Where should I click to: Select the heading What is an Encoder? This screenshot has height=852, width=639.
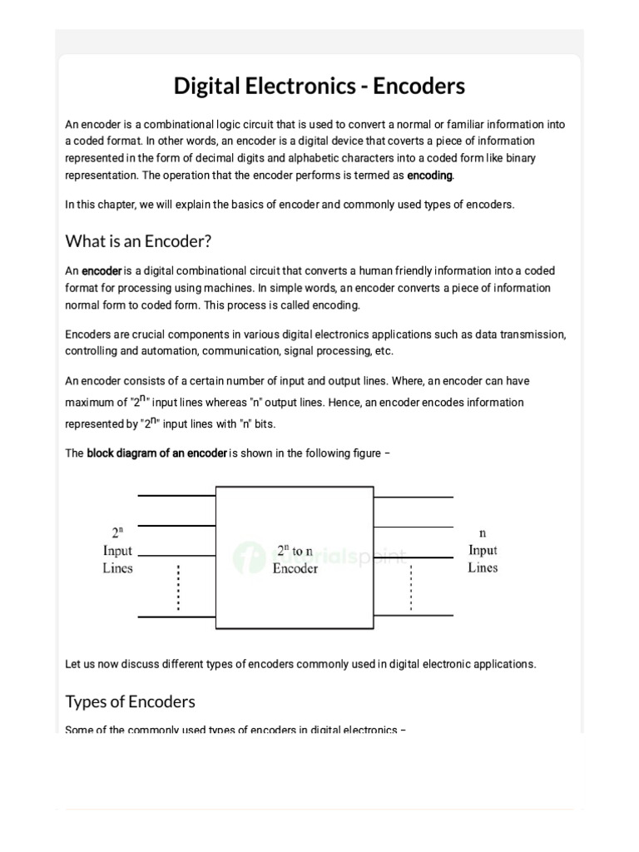(x=139, y=241)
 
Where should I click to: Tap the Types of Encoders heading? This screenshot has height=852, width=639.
(x=131, y=701)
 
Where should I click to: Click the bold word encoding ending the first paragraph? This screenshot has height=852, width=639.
(x=429, y=176)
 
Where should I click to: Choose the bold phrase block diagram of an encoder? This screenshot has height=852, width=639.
(x=156, y=453)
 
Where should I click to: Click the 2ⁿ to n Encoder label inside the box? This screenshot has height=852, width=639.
(x=295, y=560)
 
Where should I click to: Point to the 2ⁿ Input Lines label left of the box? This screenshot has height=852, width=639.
(x=117, y=550)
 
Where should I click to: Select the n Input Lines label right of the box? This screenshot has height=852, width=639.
(x=483, y=550)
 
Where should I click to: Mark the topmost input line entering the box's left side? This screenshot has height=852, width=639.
(x=176, y=496)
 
